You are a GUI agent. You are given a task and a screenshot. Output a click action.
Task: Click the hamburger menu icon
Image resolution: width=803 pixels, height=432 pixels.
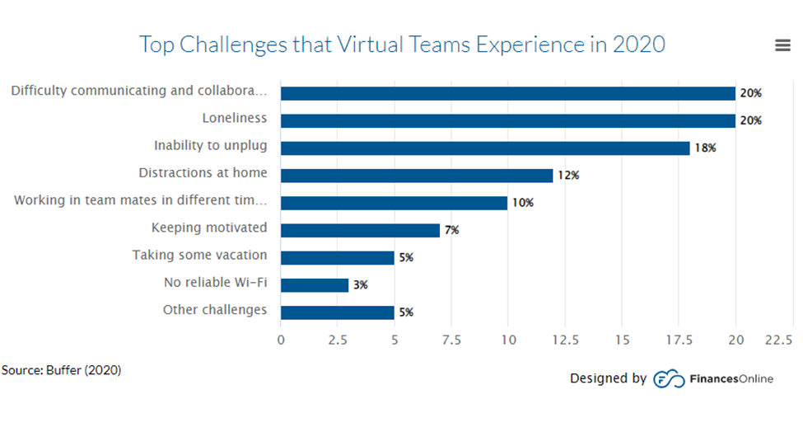(x=782, y=46)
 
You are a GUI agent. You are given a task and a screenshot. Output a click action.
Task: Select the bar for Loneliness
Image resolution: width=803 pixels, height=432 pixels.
(x=507, y=120)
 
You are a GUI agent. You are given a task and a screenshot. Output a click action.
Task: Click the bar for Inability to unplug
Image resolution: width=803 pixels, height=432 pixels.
(x=484, y=148)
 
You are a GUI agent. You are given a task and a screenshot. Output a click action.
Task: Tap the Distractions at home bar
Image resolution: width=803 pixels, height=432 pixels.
(x=417, y=175)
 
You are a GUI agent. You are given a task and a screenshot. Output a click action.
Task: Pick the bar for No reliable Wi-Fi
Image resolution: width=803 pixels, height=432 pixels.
(x=315, y=284)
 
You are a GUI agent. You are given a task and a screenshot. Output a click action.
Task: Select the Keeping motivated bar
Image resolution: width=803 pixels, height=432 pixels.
(x=360, y=230)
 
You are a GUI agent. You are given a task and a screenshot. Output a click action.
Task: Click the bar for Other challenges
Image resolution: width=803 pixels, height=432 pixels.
(x=338, y=312)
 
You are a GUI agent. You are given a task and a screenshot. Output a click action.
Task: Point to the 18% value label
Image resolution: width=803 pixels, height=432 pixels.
(x=703, y=148)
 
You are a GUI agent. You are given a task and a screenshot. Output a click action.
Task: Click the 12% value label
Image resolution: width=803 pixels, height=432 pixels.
(x=567, y=176)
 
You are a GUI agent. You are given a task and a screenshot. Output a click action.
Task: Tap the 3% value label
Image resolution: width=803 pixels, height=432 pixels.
(x=360, y=285)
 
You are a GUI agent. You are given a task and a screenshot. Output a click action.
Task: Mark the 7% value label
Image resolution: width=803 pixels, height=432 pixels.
(x=451, y=231)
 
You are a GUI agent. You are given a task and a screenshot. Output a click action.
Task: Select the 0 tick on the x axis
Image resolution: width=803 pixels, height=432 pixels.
(x=281, y=340)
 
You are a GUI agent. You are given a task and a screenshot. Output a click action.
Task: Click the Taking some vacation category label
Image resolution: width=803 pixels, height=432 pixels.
(x=199, y=256)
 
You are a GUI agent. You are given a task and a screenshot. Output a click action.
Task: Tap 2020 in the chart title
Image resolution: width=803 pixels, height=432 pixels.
(x=638, y=44)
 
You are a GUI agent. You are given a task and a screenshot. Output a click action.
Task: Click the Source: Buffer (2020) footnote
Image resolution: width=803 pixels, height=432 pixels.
(x=62, y=370)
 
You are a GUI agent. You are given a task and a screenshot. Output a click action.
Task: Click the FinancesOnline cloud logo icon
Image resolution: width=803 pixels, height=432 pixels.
(x=669, y=379)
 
